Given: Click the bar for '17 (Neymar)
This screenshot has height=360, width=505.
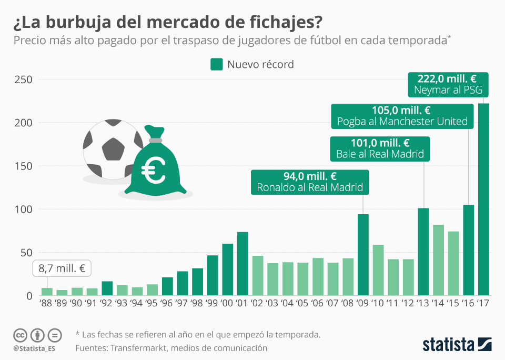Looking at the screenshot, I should tap(483, 199).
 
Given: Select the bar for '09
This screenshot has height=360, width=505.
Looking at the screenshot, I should tap(363, 255).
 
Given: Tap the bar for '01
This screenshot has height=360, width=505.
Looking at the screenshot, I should tap(243, 264).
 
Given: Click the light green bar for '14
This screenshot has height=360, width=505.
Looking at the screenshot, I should tap(438, 260).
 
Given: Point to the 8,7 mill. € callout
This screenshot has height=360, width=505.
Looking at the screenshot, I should tap(62, 268).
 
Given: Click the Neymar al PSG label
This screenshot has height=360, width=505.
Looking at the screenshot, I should tap(448, 91).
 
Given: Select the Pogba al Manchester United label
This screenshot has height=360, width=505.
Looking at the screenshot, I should tap(402, 122).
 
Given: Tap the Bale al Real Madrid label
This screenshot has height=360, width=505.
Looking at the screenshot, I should tap(380, 155).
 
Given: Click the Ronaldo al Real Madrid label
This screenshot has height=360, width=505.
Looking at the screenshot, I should tap(310, 187).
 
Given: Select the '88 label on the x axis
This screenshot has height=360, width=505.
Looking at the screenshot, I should tap(47, 304).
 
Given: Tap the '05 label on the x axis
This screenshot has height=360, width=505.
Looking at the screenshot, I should tap(302, 304).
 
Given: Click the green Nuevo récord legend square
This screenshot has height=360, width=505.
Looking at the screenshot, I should tap(217, 64).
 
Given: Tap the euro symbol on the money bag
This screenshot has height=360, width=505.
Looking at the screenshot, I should tap(154, 172).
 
